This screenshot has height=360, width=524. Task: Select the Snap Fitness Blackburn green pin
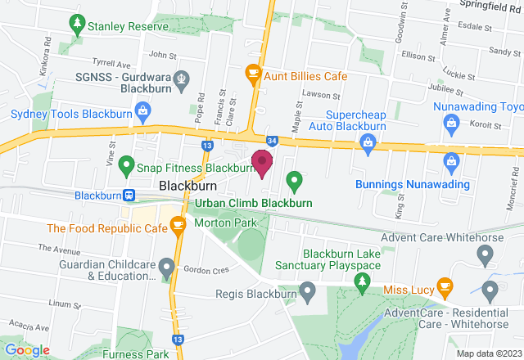tap(126, 167)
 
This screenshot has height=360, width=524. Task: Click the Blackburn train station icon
tap(129, 196)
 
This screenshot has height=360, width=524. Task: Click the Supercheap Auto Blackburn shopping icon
tap(368, 143)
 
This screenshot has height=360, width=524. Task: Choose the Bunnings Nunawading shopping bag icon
tap(450, 162)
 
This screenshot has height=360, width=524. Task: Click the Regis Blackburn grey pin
tap(307, 290)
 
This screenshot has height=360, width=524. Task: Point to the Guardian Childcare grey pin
tap(167, 267)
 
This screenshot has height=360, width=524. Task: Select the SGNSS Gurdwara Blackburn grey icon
tap(182, 80)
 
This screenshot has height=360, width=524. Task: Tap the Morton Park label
tap(226, 223)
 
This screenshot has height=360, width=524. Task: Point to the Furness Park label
tap(137, 353)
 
